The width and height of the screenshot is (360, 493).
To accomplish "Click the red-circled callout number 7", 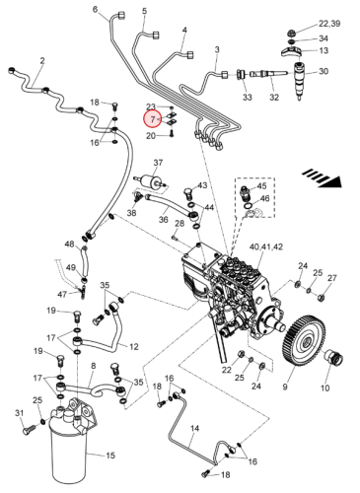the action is [153, 119].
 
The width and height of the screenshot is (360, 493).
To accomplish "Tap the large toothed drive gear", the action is [304, 341].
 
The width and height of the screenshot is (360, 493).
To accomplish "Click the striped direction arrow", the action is [322, 178].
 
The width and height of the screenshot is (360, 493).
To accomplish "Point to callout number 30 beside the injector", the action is [324, 71].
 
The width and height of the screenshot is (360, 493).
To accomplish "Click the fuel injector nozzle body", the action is [300, 80].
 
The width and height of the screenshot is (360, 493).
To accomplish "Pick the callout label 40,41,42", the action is [266, 246].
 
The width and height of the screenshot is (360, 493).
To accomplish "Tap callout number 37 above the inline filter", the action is [158, 163].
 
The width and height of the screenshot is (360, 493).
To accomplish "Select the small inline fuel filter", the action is [151, 181].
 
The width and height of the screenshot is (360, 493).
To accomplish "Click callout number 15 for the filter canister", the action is [110, 456].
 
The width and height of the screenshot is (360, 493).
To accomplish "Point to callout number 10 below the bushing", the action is [324, 387].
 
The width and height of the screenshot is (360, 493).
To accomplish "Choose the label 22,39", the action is [329, 24].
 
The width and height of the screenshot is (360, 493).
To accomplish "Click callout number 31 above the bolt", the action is [20, 412].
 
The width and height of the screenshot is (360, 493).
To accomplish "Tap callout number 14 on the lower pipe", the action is [194, 428].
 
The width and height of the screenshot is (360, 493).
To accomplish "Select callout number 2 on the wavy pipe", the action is [42, 61].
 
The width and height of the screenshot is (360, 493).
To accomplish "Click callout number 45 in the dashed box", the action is [261, 186].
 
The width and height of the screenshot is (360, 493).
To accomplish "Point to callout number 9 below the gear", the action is [285, 387].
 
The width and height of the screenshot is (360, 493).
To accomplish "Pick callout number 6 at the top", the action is [95, 9].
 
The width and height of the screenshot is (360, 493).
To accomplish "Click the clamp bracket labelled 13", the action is [291, 52].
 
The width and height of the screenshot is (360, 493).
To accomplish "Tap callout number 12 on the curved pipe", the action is [134, 346].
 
